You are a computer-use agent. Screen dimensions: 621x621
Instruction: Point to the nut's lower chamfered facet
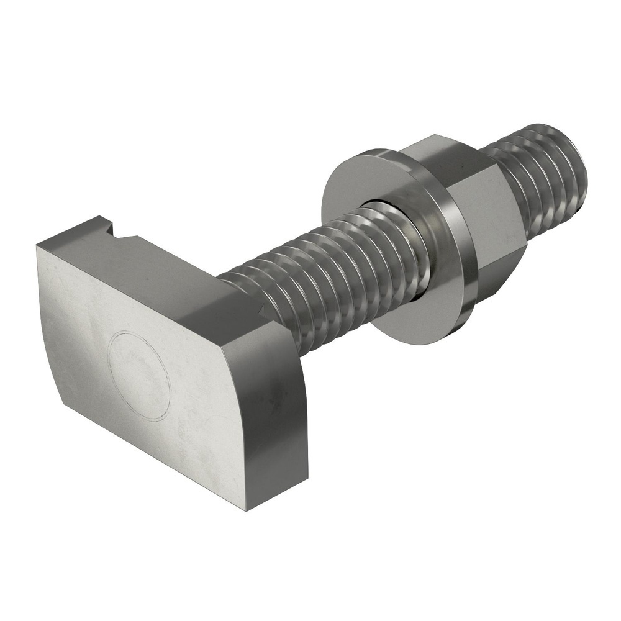click(497, 273)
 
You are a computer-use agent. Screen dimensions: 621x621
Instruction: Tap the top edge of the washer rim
click(373, 152)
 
